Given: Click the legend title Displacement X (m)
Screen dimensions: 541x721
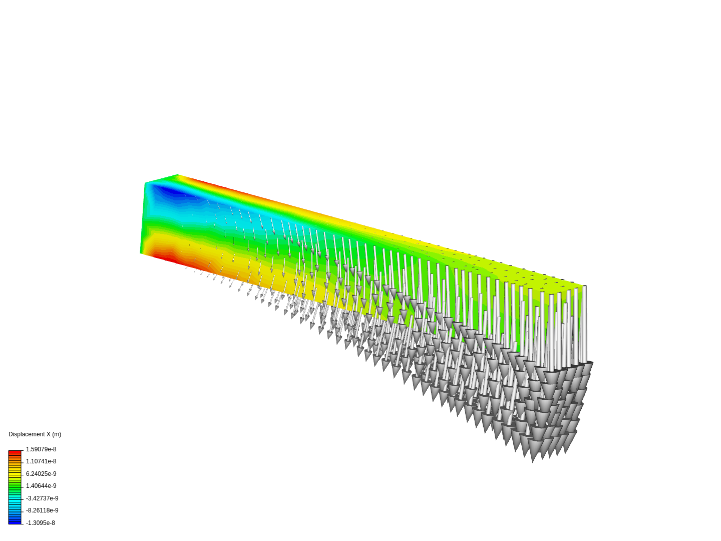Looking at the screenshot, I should click(x=35, y=434).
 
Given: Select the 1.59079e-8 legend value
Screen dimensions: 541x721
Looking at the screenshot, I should click(x=41, y=449).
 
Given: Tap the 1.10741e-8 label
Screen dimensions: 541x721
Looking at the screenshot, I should click(x=41, y=461).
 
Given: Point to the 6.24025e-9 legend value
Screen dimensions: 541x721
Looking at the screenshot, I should click(x=41, y=474).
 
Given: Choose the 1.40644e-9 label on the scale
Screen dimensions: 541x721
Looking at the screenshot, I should click(x=41, y=486).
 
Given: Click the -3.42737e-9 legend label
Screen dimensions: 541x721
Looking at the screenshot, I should click(x=42, y=498).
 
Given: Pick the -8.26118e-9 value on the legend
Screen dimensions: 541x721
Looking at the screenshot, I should click(x=42, y=510).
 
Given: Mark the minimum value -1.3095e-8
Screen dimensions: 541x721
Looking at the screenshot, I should click(x=41, y=523).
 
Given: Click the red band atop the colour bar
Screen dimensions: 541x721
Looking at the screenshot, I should click(x=15, y=452).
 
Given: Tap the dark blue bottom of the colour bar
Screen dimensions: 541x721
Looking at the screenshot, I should click(x=15, y=521).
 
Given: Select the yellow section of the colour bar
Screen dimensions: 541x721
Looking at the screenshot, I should click(x=15, y=473).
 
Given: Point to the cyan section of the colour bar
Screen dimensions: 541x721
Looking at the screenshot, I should click(x=15, y=499).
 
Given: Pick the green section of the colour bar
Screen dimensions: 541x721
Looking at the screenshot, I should click(x=15, y=486).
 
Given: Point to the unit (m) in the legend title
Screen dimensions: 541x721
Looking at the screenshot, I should click(x=57, y=434).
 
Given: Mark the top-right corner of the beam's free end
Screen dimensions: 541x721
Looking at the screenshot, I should click(x=584, y=286).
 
